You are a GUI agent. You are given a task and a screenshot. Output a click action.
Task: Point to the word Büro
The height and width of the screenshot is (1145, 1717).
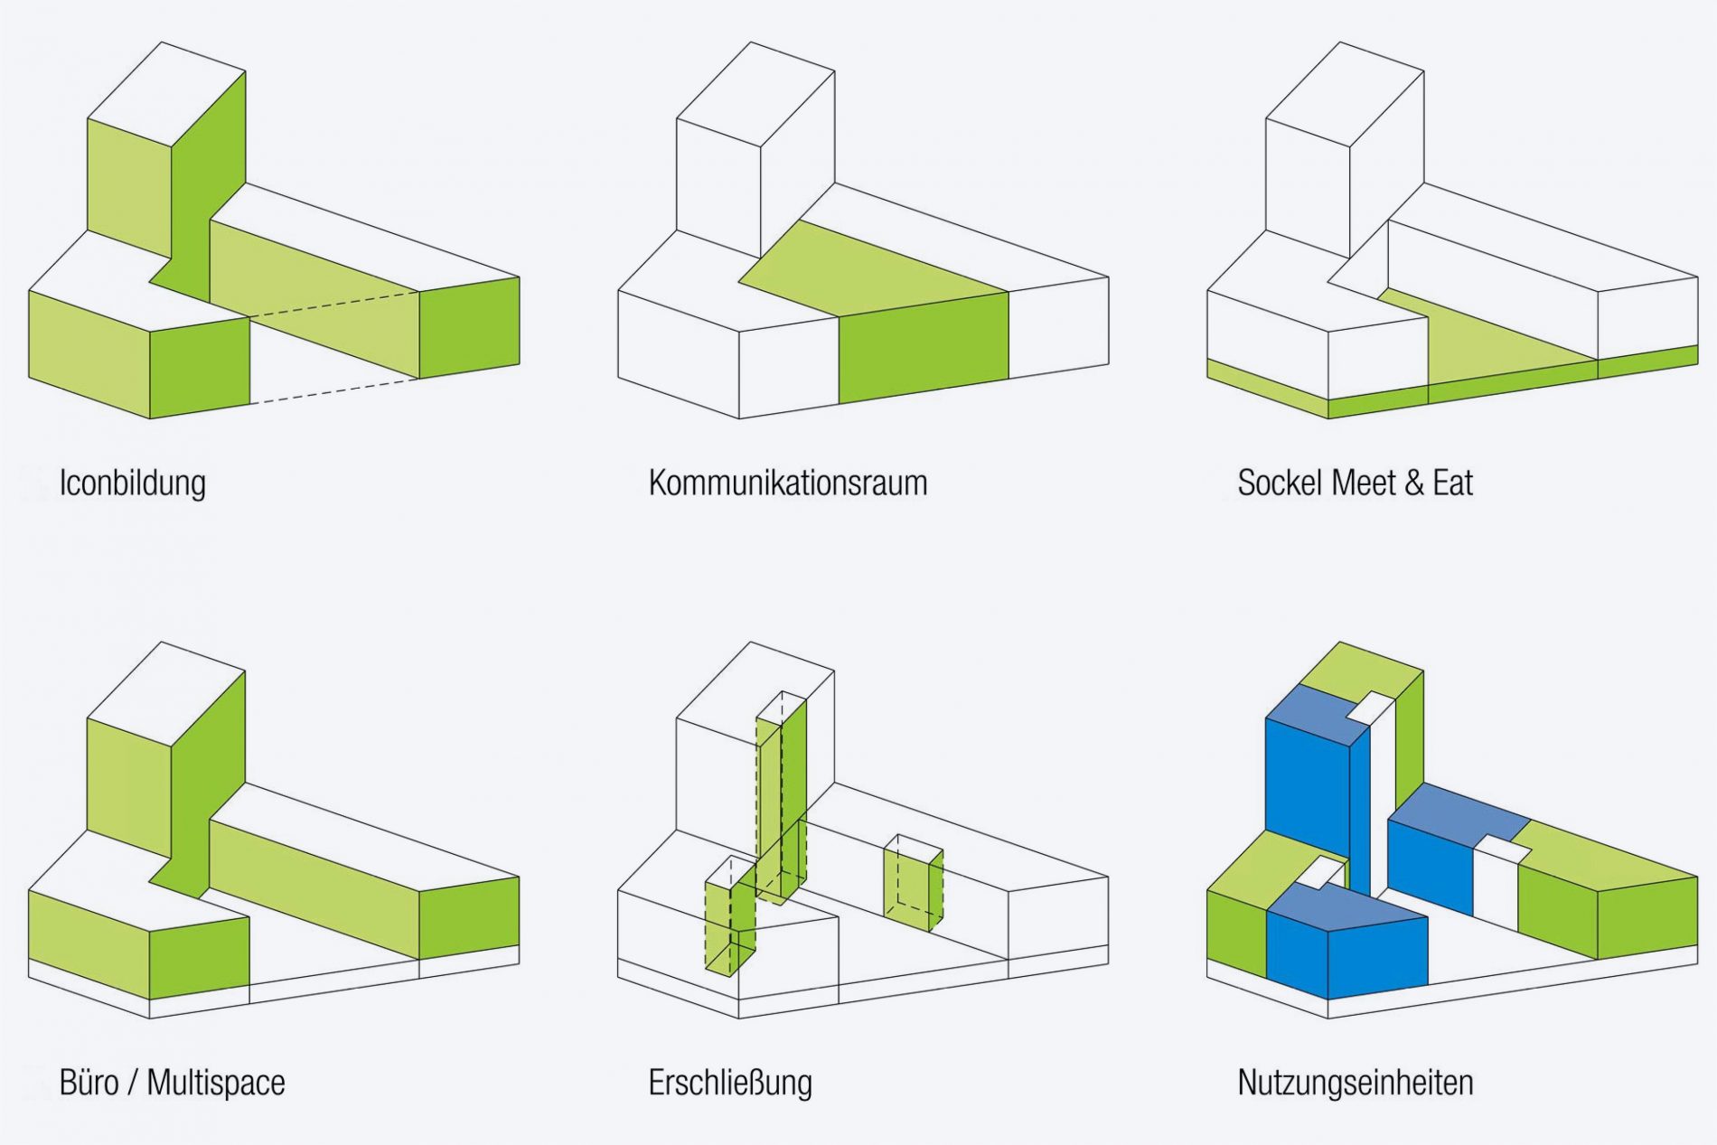tap(89, 1083)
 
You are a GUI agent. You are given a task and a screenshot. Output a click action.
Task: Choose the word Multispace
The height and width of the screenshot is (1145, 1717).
tap(216, 1083)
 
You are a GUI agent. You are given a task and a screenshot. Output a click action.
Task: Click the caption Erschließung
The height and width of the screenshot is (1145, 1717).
tap(730, 1083)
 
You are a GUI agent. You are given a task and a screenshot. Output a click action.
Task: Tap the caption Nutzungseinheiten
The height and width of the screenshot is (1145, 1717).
tap(1356, 1083)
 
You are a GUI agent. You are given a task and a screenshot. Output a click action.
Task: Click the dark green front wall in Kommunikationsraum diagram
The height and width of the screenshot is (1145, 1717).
tap(923, 348)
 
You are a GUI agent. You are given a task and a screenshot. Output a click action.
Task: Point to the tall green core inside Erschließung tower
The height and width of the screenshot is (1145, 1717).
tap(781, 795)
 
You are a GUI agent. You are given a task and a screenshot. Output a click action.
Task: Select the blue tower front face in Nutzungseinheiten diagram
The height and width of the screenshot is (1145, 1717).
tap(1307, 795)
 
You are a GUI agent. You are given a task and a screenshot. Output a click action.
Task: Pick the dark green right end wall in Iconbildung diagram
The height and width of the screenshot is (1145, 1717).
tap(469, 327)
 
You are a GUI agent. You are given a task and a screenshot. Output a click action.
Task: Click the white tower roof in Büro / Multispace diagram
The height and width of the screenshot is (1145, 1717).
tap(166, 693)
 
